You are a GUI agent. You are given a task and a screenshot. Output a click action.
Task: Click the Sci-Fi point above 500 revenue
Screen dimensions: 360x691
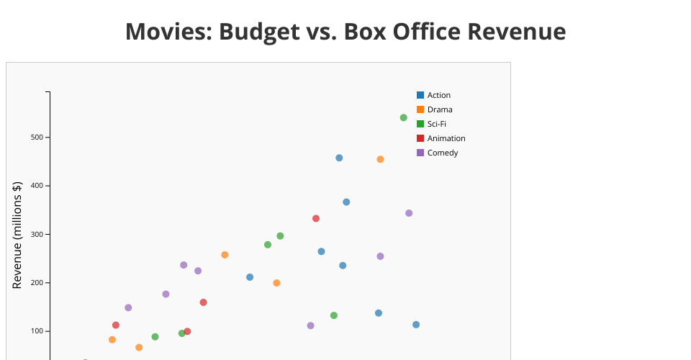403,117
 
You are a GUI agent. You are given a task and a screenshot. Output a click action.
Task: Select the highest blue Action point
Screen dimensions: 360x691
339,158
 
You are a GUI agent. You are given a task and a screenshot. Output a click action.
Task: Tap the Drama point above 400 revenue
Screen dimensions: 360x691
380,159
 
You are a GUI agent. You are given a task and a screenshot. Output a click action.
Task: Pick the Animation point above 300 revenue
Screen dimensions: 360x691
316,218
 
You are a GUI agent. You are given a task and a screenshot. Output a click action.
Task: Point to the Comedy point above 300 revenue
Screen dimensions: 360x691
409,213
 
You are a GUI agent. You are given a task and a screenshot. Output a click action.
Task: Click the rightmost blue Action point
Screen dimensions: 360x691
416,325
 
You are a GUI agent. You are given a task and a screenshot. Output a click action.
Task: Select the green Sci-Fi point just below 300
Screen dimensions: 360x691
280,236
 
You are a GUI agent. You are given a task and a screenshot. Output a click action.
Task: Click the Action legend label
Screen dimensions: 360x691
438,95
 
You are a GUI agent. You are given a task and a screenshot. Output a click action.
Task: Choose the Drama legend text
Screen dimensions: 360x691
440,109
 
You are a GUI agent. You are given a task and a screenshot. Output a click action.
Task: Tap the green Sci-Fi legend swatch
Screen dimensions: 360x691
420,124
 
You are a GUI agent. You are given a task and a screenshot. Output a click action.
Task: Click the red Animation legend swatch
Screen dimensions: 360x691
420,138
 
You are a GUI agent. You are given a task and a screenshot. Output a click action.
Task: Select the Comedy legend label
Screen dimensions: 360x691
443,153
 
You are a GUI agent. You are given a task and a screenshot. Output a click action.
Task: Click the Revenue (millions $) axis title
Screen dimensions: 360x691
17,235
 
